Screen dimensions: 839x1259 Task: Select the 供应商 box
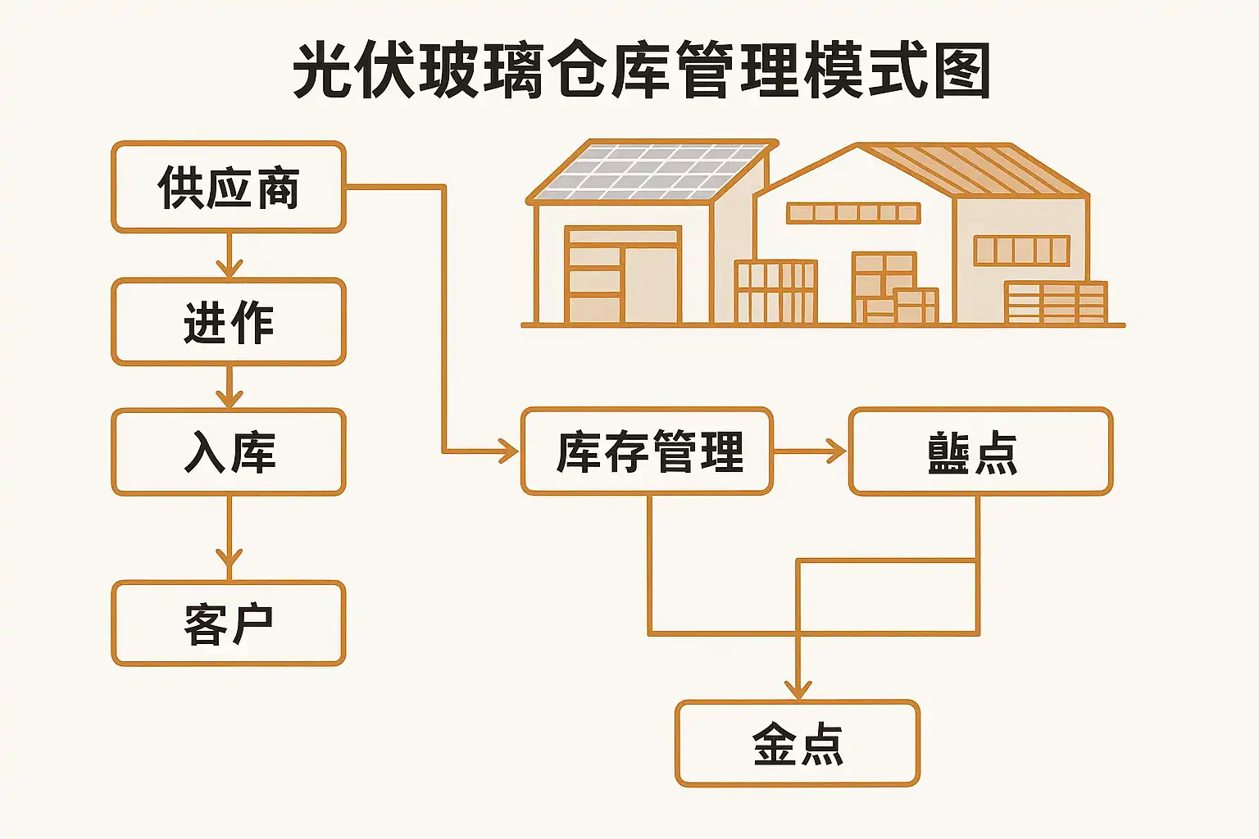pos(229,187)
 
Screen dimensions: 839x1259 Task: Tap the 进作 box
pos(229,321)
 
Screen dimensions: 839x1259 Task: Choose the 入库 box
pos(229,451)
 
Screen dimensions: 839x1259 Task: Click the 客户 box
pos(229,623)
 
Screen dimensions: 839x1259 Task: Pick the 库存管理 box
pos(648,451)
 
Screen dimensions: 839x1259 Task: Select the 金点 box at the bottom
pos(798,743)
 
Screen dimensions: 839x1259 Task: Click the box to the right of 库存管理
pos(980,451)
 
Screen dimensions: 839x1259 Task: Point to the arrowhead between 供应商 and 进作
pos(229,267)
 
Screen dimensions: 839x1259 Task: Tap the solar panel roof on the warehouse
pos(652,170)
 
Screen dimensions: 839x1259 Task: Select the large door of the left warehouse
pos(623,274)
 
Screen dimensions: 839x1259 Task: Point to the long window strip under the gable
pos(853,213)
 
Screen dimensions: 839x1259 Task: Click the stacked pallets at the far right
pos(1056,302)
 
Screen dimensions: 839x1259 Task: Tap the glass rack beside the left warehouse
pos(775,292)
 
